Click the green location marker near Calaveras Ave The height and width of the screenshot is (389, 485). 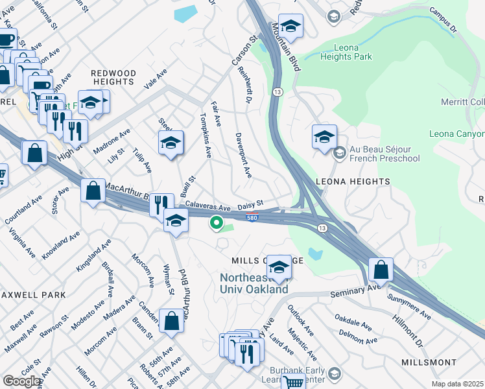pyautogui.click(x=216, y=224)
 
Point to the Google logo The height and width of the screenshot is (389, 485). pyautogui.click(x=22, y=381)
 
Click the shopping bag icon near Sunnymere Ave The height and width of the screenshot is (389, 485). pyautogui.click(x=381, y=269)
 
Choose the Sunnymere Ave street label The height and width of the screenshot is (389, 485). pyautogui.click(x=408, y=307)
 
